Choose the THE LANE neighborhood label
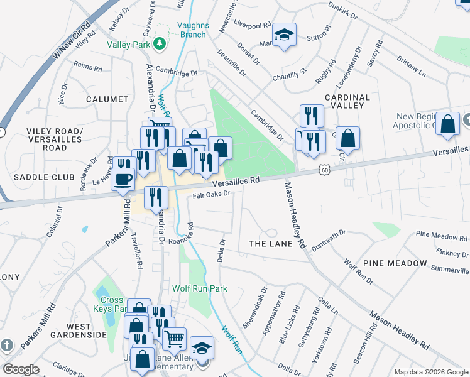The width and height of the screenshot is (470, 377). point(271,243)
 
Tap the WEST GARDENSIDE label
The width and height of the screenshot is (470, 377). point(87,331)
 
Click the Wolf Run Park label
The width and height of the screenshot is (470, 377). point(199,288)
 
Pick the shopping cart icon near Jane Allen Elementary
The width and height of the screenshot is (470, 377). point(174,338)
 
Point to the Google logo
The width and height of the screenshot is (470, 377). point(21,369)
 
